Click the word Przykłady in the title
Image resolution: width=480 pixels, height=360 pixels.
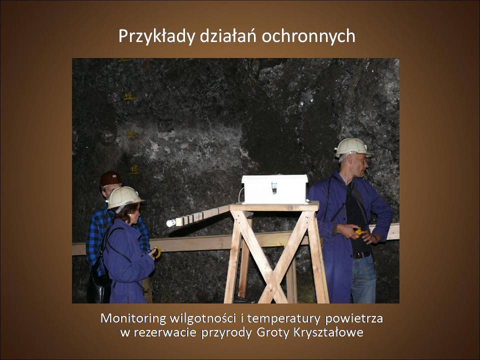[156, 36]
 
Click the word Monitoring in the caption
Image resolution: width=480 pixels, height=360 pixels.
[133, 319]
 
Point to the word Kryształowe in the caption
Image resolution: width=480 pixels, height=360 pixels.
[328, 332]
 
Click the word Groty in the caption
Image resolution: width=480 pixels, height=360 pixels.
[273, 333]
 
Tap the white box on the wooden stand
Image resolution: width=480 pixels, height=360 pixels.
[275, 189]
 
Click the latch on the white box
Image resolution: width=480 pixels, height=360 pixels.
[274, 187]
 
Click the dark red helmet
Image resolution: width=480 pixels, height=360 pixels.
[110, 178]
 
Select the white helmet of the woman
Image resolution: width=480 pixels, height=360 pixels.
[124, 197]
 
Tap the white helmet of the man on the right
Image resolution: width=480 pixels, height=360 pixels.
[353, 147]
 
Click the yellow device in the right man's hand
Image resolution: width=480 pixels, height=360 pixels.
[358, 231]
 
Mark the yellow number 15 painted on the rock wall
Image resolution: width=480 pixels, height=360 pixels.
[134, 169]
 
